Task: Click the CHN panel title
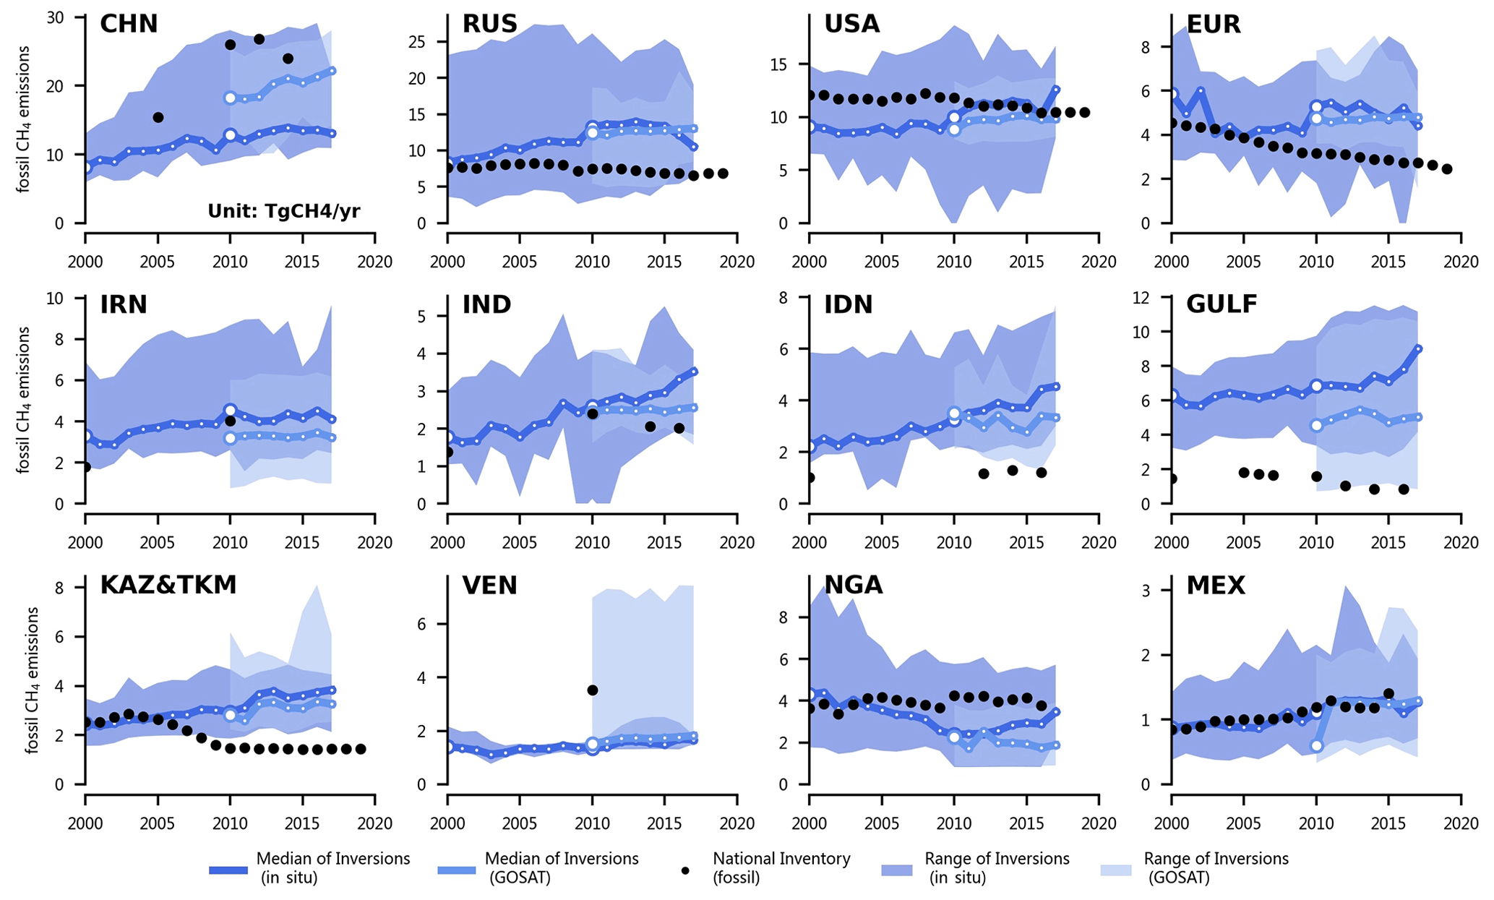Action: coord(129,24)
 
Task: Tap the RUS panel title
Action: coord(490,24)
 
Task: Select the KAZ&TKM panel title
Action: coord(168,585)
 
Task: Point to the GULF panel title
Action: coord(1222,304)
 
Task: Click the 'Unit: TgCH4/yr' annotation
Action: coord(284,211)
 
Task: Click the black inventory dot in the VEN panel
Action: coord(593,690)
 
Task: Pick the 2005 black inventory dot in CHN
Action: coord(158,117)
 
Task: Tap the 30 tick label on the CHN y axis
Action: coord(56,17)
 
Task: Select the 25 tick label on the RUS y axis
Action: coord(418,42)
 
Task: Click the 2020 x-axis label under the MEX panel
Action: coord(1461,823)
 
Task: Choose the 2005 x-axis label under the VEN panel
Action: coord(520,823)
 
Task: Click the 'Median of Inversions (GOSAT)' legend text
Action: coord(561,867)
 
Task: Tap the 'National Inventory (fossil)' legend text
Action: coord(781,867)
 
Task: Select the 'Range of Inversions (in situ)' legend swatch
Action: coord(900,870)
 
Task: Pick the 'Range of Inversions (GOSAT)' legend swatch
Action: coord(1119,870)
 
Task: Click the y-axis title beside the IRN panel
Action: coord(25,400)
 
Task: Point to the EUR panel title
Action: coord(1214,24)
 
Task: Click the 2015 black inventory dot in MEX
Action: coord(1388,694)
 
